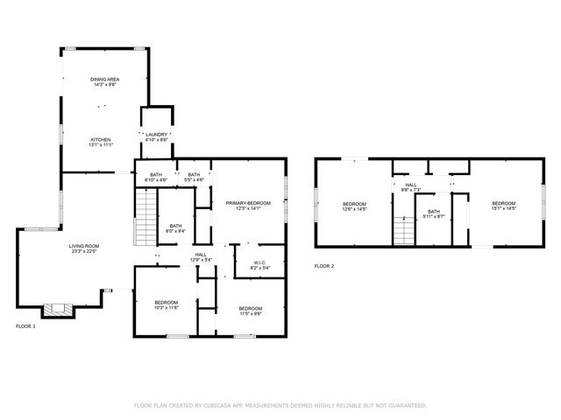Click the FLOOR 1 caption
tap(26, 325)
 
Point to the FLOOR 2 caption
tap(324, 266)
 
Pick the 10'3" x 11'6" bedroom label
tap(167, 305)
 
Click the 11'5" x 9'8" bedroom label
tap(250, 311)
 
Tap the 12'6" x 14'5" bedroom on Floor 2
tap(353, 206)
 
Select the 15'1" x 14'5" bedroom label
tap(503, 206)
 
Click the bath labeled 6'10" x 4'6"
tap(156, 177)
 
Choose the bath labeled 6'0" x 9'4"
tap(175, 228)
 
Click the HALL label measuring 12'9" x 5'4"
tap(201, 257)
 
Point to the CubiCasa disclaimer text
tap(280, 405)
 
